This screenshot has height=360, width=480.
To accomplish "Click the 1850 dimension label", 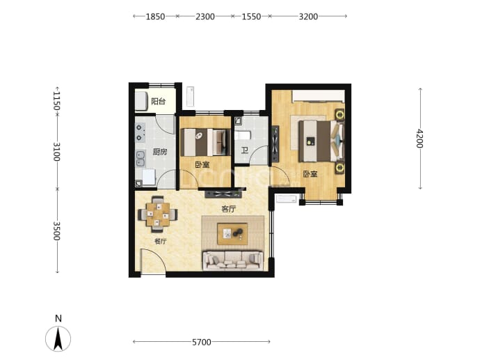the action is pyautogui.click(x=155, y=16).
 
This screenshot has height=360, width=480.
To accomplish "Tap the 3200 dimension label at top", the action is pyautogui.click(x=308, y=16).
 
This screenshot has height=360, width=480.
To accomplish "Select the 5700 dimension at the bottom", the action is pyautogui.click(x=202, y=342).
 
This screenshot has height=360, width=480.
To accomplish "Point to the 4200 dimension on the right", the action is pyautogui.click(x=419, y=139).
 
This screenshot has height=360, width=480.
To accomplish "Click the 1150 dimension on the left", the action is pyautogui.click(x=56, y=101).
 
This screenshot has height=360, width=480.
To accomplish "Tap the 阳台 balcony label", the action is pyautogui.click(x=159, y=102).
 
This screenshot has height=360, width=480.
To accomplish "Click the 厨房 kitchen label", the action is pyautogui.click(x=160, y=152).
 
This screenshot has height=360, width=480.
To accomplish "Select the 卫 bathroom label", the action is pyautogui.click(x=244, y=150).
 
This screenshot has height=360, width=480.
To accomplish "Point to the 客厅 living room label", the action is pyautogui.click(x=228, y=210).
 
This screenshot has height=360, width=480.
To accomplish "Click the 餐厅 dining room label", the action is pyautogui.click(x=160, y=242).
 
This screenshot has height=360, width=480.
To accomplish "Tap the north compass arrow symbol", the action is pyautogui.click(x=58, y=339).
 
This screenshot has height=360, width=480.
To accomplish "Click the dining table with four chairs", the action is pyautogui.click(x=158, y=214).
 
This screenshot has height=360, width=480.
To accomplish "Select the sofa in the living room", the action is pyautogui.click(x=232, y=260).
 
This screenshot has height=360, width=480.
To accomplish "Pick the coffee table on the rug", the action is pyautogui.click(x=232, y=234).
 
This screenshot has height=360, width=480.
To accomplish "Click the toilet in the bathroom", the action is pyautogui.click(x=243, y=135).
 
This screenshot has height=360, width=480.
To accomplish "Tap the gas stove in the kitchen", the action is pyautogui.click(x=140, y=133).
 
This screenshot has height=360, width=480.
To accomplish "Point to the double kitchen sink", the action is pyautogui.click(x=141, y=159).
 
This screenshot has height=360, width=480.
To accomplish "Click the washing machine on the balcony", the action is pyautogui.click(x=142, y=101).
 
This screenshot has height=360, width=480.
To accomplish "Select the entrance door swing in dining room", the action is pyautogui.click(x=153, y=260).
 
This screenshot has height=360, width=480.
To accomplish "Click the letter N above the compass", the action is pyautogui.click(x=58, y=319).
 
